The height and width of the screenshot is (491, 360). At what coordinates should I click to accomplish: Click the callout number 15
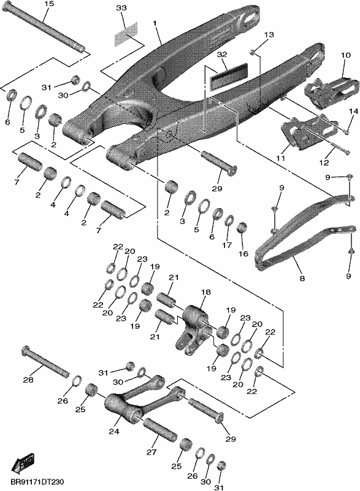pyautogui.click(x=49, y=4)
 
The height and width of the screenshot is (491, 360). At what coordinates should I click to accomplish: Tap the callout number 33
pyautogui.click(x=121, y=7)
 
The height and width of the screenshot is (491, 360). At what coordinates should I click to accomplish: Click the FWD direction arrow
pyautogui.click(x=23, y=462)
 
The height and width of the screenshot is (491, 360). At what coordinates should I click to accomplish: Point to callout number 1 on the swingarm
pyautogui.click(x=155, y=23)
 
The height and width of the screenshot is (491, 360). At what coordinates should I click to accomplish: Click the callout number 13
pyautogui.click(x=269, y=34)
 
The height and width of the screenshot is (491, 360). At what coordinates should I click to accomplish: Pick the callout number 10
pyautogui.click(x=346, y=55)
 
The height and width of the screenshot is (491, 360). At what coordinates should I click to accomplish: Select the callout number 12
pyautogui.click(x=324, y=163)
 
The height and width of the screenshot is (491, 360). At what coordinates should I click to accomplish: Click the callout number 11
pyautogui.click(x=280, y=158)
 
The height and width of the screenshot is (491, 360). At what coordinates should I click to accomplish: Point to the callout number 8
pyautogui.click(x=302, y=278)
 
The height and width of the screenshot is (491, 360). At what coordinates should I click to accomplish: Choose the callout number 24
pyautogui.click(x=114, y=431)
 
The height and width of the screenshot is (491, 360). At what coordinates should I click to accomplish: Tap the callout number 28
pyautogui.click(x=28, y=380)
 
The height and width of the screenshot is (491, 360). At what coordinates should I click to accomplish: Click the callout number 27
pyautogui.click(x=151, y=452)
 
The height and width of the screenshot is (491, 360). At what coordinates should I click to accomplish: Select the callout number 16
pyautogui.click(x=243, y=253)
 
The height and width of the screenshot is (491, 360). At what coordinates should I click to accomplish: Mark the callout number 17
pyautogui.click(x=227, y=245)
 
